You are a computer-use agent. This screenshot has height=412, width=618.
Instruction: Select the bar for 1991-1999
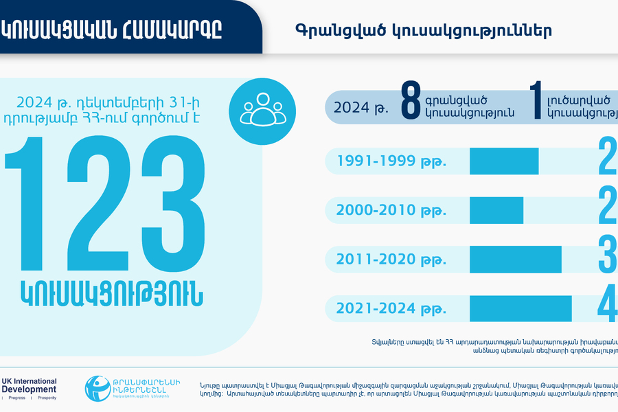pos(503,161)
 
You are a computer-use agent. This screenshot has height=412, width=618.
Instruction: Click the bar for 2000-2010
pos(496,210)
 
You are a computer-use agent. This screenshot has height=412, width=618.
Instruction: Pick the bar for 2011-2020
pos(516,259)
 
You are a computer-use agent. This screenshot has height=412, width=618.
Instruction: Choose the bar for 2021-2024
pos(520,308)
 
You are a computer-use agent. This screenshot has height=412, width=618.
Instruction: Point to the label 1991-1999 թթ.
pos(391,162)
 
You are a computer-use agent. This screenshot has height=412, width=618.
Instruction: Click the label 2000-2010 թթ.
pos(391,211)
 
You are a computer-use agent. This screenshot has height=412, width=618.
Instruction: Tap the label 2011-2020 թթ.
pos(391,260)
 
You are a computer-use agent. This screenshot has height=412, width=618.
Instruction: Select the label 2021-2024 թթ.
pos(391,308)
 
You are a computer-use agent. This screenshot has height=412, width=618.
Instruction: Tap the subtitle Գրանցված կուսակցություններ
pos(424,31)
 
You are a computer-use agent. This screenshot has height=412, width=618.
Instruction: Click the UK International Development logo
pos(29,388)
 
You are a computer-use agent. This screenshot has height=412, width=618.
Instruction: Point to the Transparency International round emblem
pos(98,389)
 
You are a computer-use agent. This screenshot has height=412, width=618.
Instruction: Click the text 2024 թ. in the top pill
pos(357,107)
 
